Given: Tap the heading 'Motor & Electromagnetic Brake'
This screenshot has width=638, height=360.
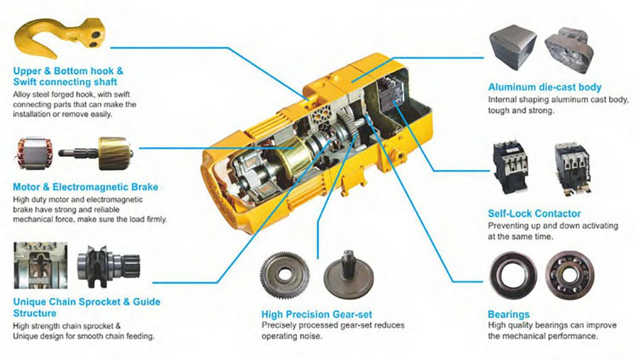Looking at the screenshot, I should (85, 187).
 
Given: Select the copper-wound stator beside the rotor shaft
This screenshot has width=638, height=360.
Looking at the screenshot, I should (35, 153).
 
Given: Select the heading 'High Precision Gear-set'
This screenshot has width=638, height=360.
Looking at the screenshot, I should (316, 314).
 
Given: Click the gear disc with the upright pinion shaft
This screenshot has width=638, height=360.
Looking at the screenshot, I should (348, 274).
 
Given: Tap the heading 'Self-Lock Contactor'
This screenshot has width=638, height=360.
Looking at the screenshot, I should (534, 213).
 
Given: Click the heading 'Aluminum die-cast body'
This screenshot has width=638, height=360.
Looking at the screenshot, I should (544, 87).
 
